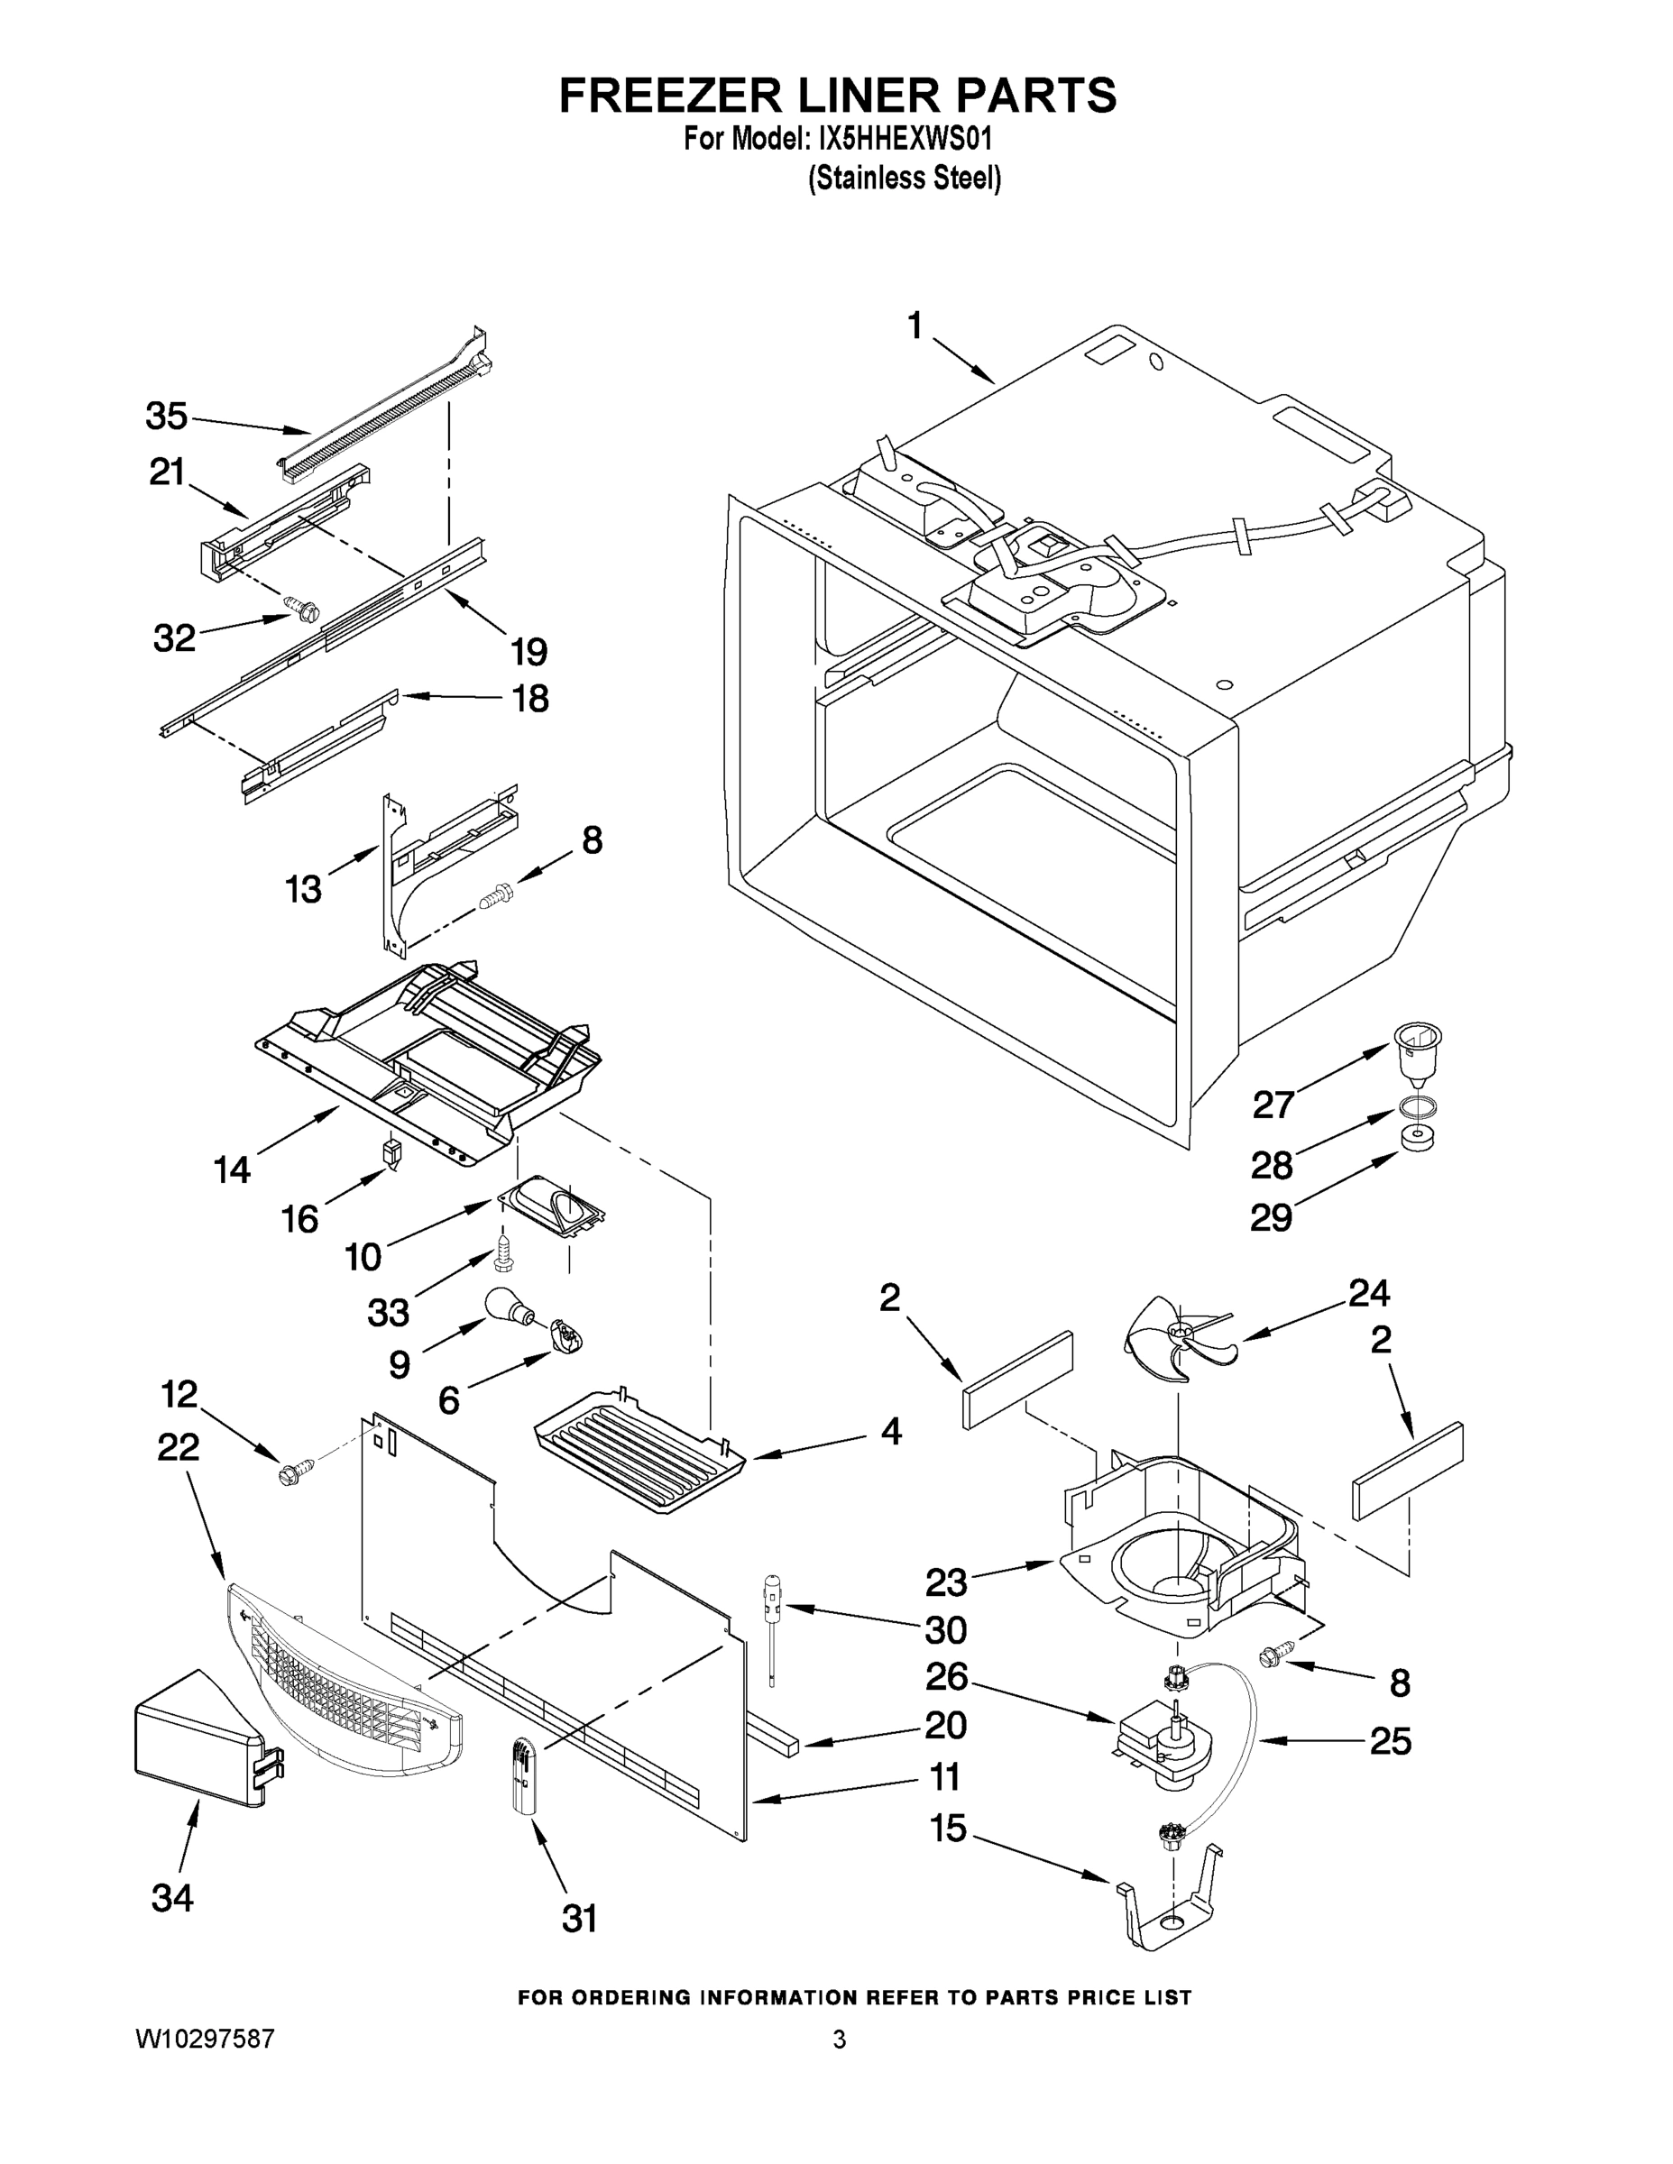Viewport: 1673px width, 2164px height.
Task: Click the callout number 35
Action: (166, 417)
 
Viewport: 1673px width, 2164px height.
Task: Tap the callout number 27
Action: (1273, 1104)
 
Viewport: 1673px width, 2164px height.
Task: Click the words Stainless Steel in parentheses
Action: (904, 179)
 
